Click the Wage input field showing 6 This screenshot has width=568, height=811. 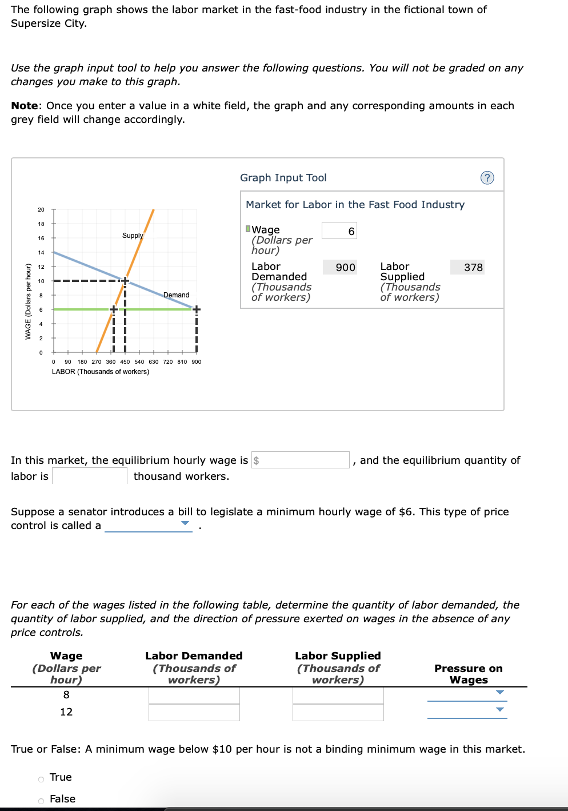339,230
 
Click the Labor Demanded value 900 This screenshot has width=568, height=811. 340,267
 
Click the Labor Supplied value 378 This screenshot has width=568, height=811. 467,267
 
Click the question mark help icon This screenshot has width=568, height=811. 487,178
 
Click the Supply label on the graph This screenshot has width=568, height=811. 133,236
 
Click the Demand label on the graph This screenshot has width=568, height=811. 176,295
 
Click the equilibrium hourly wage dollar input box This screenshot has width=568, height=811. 301,460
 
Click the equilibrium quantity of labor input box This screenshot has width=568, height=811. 90,476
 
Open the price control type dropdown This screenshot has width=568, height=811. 149,525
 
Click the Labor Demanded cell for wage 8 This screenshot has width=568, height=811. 194,695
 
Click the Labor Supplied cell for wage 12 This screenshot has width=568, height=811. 338,712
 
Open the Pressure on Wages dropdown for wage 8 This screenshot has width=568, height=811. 467,693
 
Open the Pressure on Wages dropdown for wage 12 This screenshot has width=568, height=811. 467,710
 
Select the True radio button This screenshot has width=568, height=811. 41,779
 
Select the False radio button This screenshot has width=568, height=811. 41,801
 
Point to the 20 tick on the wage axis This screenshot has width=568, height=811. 41,209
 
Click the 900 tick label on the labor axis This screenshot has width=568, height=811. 196,361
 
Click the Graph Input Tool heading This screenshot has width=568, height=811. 283,178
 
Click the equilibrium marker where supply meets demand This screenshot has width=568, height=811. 125,281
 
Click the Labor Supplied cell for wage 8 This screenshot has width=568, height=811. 338,695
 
